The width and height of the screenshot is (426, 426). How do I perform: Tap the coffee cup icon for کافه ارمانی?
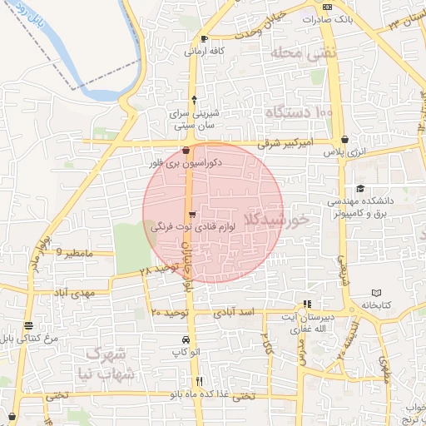tap(204, 38)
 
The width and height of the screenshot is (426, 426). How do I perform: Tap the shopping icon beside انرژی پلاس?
tap(344, 139)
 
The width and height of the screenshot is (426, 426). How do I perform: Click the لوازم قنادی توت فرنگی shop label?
tap(183, 225)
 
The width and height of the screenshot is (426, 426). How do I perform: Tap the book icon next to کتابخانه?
tap(377, 293)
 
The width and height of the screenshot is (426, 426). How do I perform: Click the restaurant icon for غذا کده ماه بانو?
tap(198, 381)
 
